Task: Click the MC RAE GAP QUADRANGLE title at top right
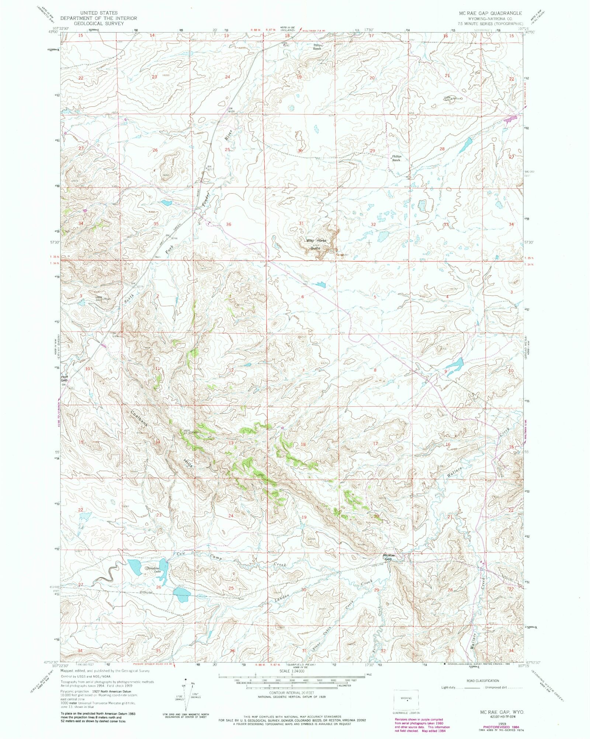(x=490, y=13)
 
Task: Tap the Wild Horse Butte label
(x=316, y=244)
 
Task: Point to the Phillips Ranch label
(x=396, y=158)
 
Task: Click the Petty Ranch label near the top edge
(x=317, y=47)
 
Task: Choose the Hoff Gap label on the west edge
(x=64, y=378)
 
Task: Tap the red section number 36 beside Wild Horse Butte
(x=229, y=224)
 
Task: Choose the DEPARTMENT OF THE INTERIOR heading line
(x=98, y=18)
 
